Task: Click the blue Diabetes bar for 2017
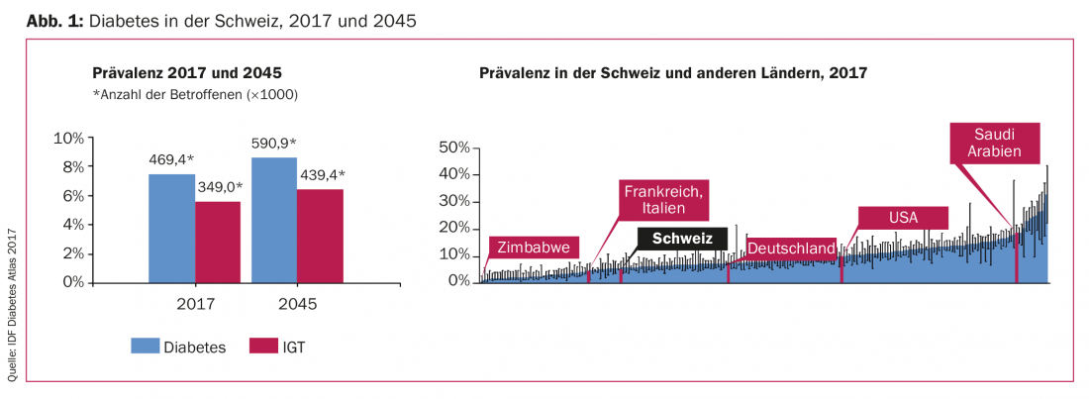171,228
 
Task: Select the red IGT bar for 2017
217,242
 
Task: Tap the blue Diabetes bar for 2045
273,220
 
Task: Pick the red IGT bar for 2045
319,236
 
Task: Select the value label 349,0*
217,187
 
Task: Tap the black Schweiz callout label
682,239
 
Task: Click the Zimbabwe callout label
534,248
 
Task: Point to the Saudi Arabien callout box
994,143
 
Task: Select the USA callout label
903,217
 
